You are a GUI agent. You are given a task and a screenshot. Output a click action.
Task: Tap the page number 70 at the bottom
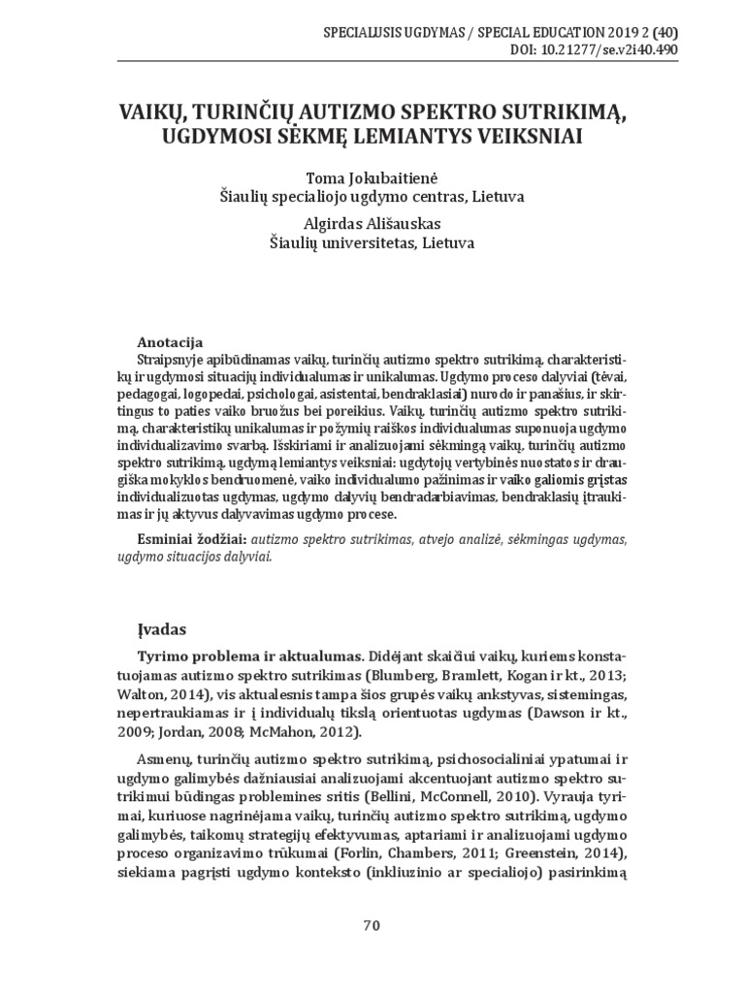pos(372,924)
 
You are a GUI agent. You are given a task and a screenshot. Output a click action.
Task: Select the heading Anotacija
pos(170,342)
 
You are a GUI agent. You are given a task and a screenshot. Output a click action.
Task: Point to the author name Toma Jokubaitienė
pos(372,177)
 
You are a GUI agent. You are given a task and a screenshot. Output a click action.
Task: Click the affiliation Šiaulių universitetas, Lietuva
pos(372,243)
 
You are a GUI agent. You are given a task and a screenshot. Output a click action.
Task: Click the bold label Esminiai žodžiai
pos(188,537)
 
